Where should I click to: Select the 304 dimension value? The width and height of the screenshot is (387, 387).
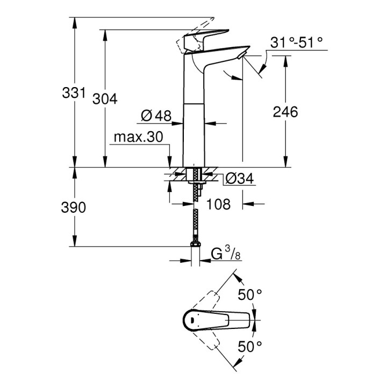[105, 99]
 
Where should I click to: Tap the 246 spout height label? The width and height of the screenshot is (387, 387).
[285, 112]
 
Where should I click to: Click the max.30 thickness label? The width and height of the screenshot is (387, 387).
[138, 138]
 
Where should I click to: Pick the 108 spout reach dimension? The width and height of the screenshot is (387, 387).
[219, 204]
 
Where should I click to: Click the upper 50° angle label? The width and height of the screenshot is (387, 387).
[250, 295]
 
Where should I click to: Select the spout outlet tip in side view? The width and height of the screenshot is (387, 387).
[241, 54]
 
